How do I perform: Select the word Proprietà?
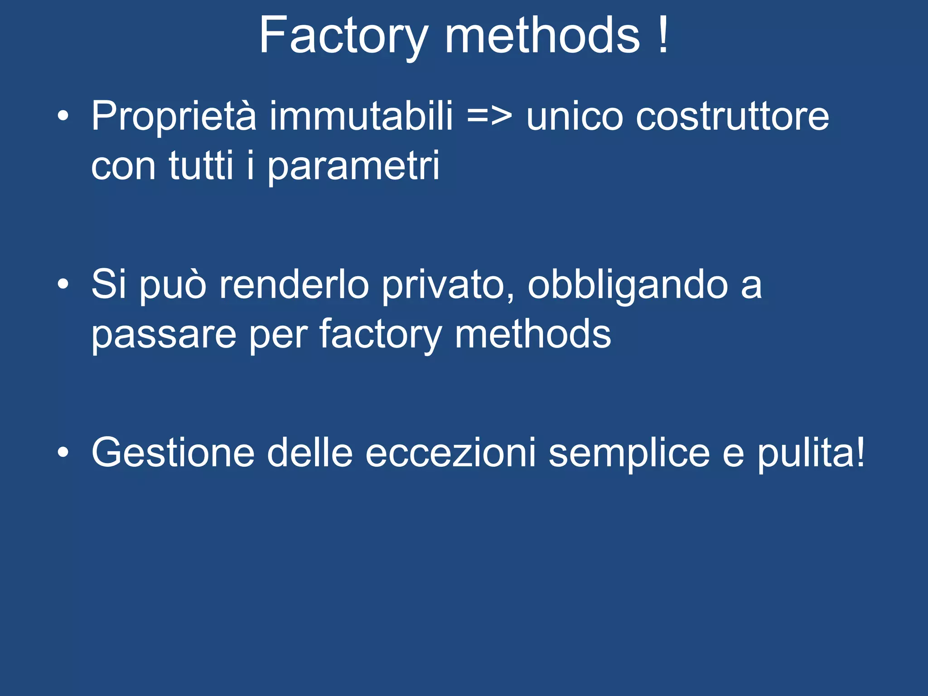click(x=174, y=117)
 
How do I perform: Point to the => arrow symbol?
click(x=489, y=117)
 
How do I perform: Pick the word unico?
click(x=575, y=117)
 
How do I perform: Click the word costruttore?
click(x=732, y=117)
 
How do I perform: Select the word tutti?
click(x=201, y=166)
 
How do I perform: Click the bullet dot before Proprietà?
click(x=63, y=116)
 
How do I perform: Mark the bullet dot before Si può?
click(x=63, y=285)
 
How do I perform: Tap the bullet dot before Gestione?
click(x=63, y=453)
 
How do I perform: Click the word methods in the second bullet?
click(x=533, y=334)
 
